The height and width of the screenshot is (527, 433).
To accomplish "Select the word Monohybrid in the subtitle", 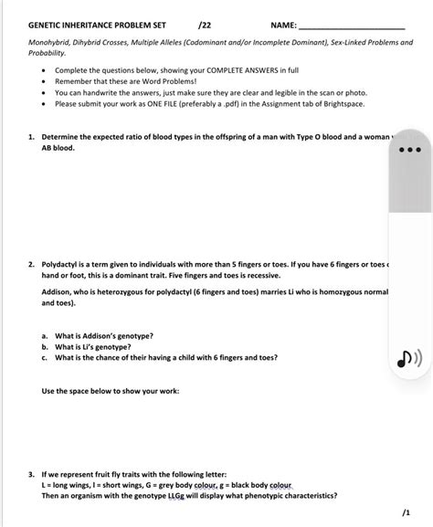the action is (x=51, y=42).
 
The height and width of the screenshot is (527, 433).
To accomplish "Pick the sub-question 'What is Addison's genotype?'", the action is (x=103, y=336).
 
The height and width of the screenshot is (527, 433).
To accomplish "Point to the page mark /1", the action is (x=405, y=513).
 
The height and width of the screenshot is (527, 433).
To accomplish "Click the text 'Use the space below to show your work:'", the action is (x=111, y=391).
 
